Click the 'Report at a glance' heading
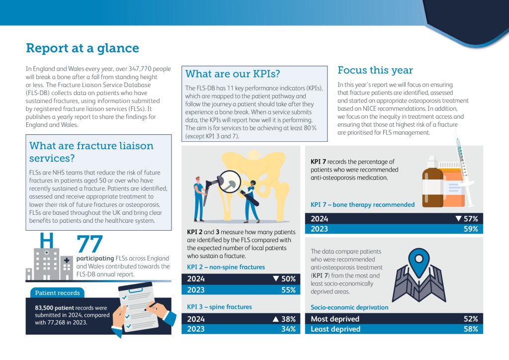(83, 48)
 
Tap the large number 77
(89, 244)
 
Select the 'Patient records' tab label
(58, 293)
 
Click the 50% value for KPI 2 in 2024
(288, 279)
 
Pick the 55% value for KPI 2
(288, 290)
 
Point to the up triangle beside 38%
(275, 319)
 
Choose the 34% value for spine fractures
(288, 329)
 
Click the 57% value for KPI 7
(471, 219)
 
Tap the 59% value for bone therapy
(471, 229)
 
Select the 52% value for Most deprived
(471, 319)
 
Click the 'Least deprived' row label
(336, 329)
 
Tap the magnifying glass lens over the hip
(229, 182)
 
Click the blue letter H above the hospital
(46, 240)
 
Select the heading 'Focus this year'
(375, 70)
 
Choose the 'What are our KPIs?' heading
(233, 74)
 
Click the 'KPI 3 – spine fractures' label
(219, 307)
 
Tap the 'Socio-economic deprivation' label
(349, 307)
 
